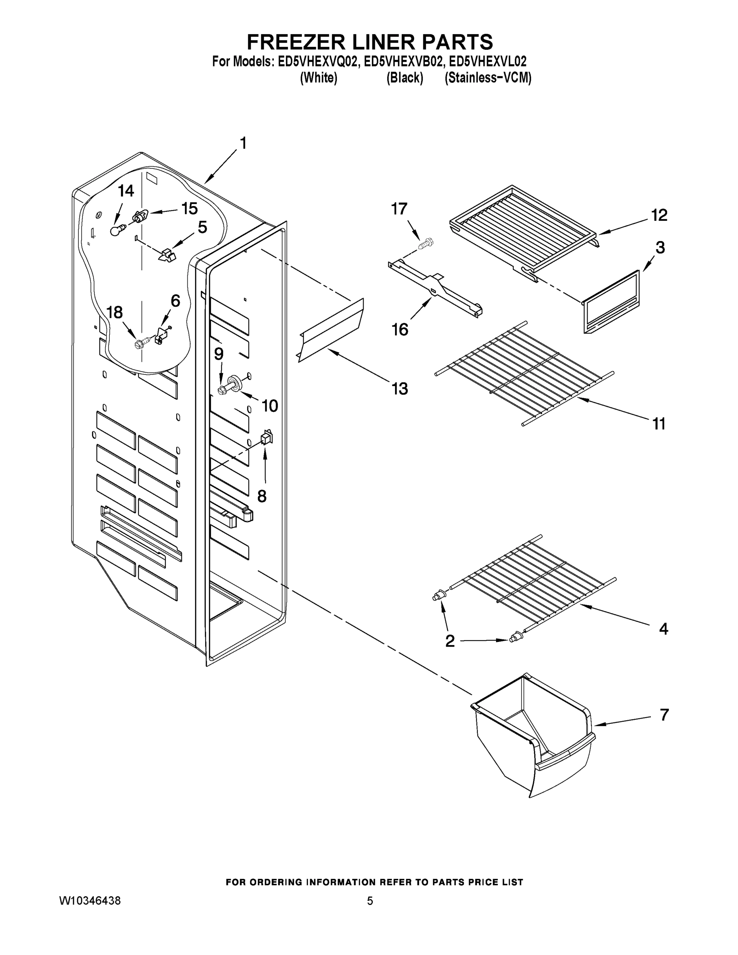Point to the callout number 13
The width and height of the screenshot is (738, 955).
(x=399, y=388)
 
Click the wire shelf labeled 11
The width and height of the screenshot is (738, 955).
(x=525, y=374)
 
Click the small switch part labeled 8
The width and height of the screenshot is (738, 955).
(x=266, y=437)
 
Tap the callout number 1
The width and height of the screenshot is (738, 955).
(x=243, y=143)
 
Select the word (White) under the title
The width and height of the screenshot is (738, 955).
(x=318, y=78)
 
